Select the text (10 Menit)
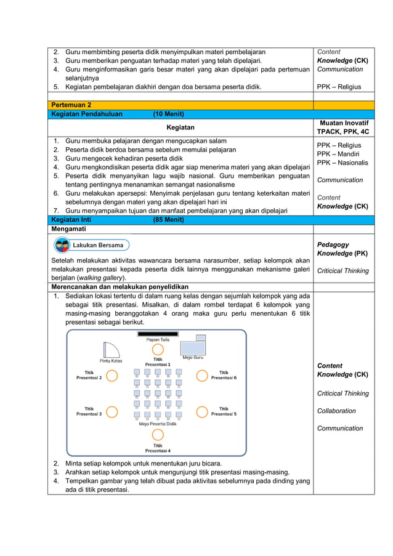(x=168, y=114)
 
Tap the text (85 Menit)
(x=168, y=220)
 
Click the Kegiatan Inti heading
(x=71, y=220)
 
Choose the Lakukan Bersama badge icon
(x=62, y=246)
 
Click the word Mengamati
(x=68, y=229)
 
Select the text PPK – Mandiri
(x=338, y=154)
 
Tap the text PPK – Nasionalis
(x=342, y=163)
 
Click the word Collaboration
(x=336, y=411)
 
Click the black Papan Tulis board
(x=158, y=334)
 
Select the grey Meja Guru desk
(x=200, y=337)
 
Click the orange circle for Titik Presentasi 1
(x=158, y=348)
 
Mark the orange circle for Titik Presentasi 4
(x=158, y=435)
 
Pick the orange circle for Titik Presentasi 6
(x=202, y=376)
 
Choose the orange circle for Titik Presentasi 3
(x=112, y=412)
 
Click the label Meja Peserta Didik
(x=158, y=424)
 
